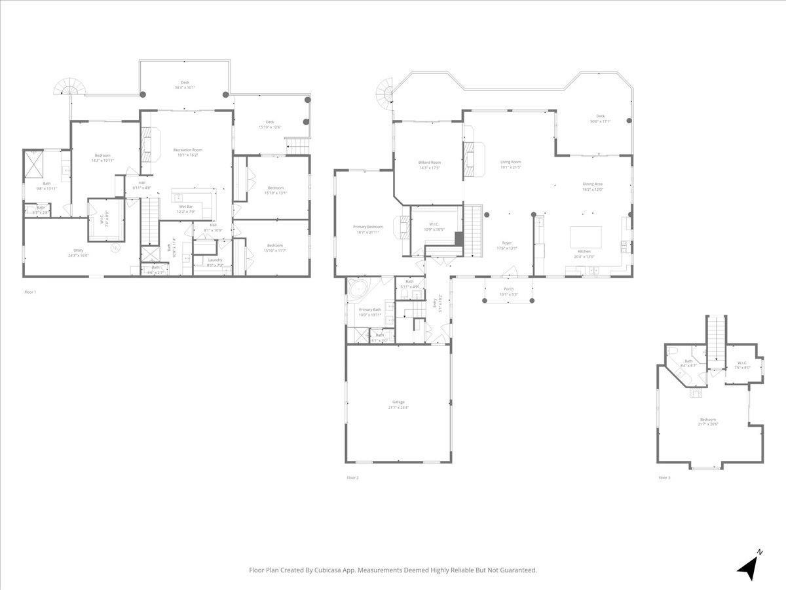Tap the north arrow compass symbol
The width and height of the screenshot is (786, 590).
[x=749, y=565]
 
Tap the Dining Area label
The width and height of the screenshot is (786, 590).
[x=592, y=186]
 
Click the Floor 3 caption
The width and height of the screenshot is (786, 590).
[x=664, y=478]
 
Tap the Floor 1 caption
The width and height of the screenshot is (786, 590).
[x=30, y=291]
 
